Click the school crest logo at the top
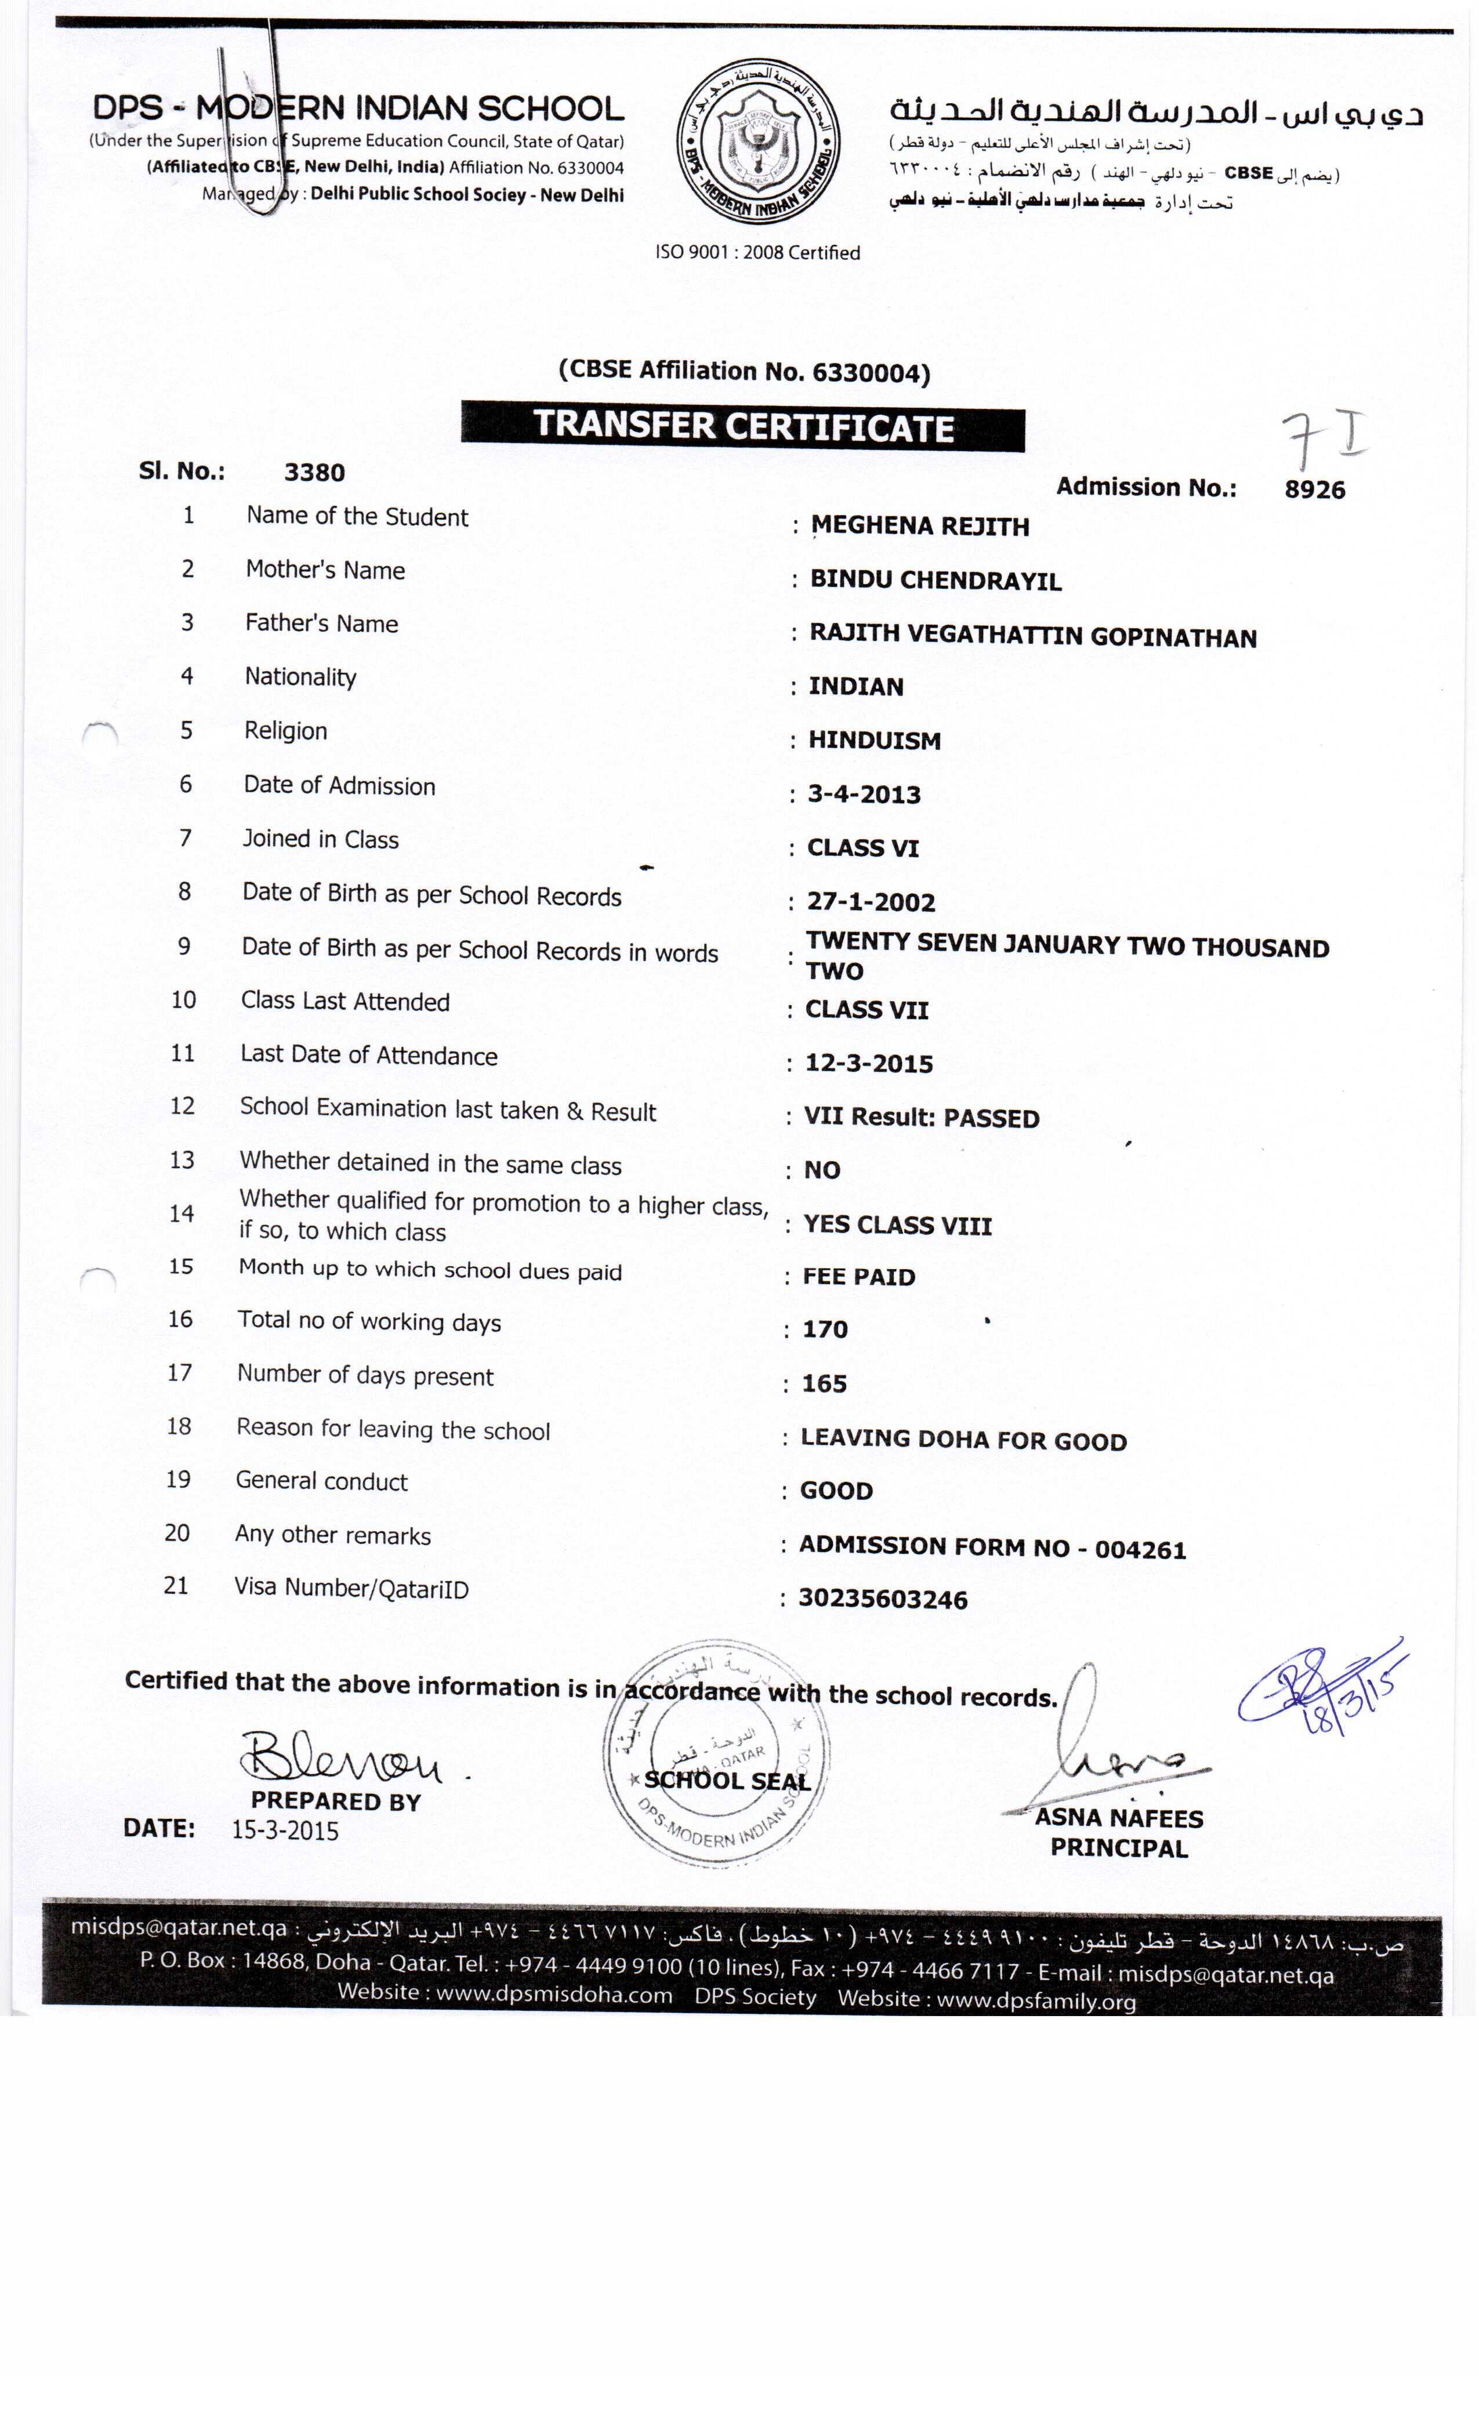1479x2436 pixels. point(757,142)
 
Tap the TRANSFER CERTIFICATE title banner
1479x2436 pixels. point(744,426)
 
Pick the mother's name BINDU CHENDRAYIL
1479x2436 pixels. point(935,581)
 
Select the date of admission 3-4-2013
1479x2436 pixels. point(864,795)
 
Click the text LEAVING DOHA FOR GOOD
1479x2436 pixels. point(963,1440)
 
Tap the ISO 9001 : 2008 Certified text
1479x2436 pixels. point(757,253)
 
